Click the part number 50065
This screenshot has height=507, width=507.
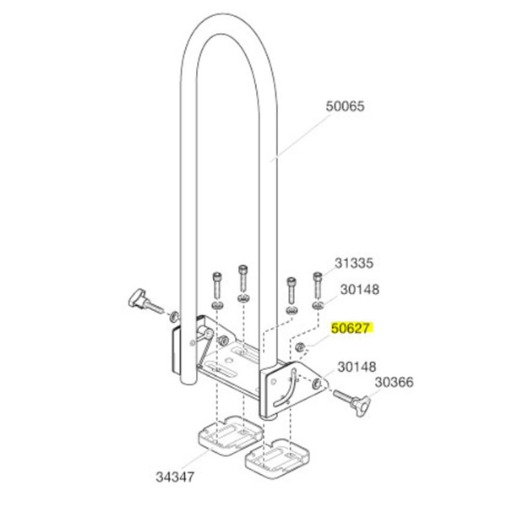(x=345, y=106)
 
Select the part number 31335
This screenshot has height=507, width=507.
(x=354, y=263)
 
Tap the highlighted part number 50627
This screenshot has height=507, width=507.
(x=352, y=328)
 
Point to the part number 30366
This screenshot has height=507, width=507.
(x=394, y=382)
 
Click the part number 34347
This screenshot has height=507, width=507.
(x=175, y=477)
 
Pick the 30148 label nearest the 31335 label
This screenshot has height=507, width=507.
(x=360, y=290)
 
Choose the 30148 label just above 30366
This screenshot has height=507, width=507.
(x=357, y=367)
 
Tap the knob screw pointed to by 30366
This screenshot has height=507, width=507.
(x=352, y=401)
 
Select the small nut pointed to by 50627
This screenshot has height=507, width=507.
(x=300, y=347)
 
